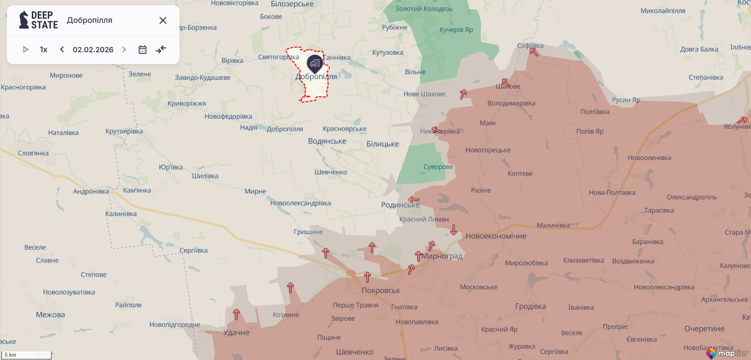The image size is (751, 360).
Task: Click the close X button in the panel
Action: coord(163,20)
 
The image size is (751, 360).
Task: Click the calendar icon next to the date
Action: coord(142,50)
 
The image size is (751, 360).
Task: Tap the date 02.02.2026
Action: coord(93,50)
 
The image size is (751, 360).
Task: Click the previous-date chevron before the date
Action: coord(62,50)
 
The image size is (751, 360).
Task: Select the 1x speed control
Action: coord(44,50)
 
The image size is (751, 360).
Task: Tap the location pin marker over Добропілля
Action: coord(315,63)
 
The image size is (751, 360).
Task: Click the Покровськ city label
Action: coord(381,291)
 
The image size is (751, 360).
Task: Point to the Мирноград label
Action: coord(442,256)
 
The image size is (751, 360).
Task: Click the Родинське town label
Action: coord(400,205)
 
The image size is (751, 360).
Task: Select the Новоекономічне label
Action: coord(496,236)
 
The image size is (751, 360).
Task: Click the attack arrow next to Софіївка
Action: coord(534,52)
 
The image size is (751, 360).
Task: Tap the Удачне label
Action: coord(236,332)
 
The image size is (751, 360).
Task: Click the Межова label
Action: coord(50,315)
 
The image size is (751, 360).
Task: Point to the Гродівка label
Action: coord(530,307)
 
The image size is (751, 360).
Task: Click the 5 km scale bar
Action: coord(27,355)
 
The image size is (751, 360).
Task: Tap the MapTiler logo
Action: coord(728,353)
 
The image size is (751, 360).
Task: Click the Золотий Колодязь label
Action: coord(424,9)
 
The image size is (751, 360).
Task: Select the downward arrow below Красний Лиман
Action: coord(454,230)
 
